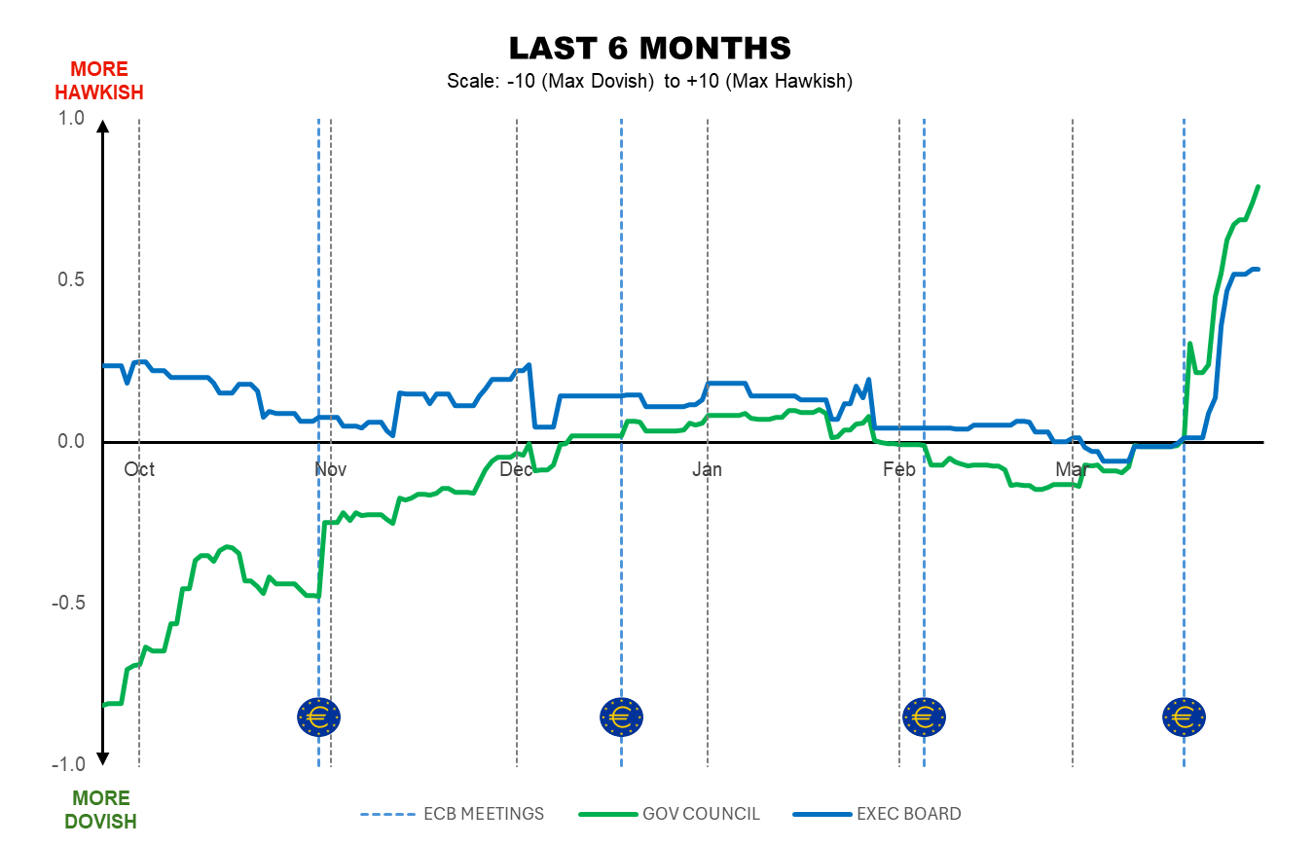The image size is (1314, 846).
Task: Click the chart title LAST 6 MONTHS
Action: click(x=649, y=48)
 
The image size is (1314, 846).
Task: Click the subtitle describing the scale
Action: click(x=649, y=82)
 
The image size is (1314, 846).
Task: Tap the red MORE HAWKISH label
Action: click(x=99, y=81)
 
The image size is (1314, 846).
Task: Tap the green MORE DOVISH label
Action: click(x=100, y=810)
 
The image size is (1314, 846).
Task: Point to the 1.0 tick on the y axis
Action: click(x=73, y=119)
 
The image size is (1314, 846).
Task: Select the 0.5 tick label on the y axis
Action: click(x=73, y=280)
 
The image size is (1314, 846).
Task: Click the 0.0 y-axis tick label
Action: click(x=73, y=442)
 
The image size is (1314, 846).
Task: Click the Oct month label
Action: click(x=139, y=470)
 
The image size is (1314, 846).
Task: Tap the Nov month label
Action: click(x=331, y=470)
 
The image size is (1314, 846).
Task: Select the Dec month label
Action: click(x=516, y=470)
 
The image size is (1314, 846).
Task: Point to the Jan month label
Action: click(x=707, y=470)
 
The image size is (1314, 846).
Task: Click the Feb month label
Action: click(x=898, y=470)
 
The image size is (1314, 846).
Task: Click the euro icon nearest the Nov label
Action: click(x=318, y=717)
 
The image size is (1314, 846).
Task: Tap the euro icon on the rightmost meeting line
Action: click(x=1184, y=717)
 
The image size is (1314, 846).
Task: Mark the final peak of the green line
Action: click(x=1259, y=186)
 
